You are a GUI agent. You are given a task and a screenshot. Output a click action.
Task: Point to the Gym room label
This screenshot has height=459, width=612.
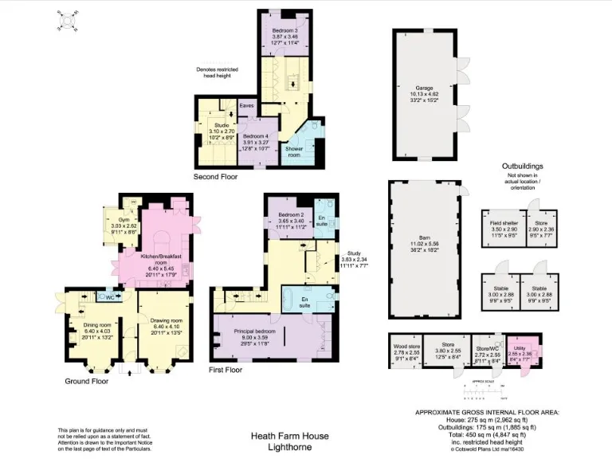tap(124, 219)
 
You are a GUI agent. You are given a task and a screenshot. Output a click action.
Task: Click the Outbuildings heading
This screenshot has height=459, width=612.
tap(522, 167)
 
